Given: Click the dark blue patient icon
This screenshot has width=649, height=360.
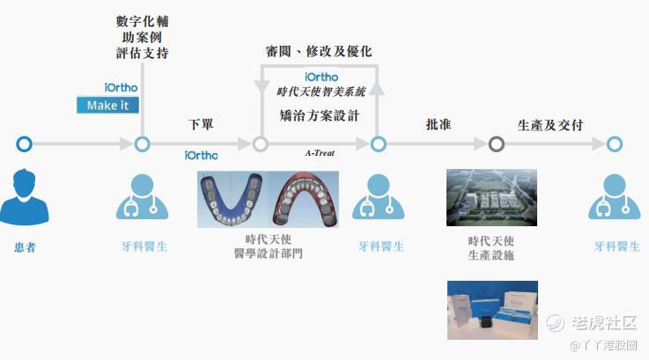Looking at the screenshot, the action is click(24, 197).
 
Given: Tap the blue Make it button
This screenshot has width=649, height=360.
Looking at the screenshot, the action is click(107, 105).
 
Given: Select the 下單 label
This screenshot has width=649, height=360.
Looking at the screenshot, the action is click(201, 124).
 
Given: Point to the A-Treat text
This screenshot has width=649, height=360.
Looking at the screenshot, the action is click(320, 152).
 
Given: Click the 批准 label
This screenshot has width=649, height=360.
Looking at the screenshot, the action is click(439, 124).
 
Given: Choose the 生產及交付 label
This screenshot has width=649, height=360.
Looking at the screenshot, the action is click(550, 125).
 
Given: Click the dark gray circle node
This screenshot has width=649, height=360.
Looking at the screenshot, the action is click(497, 144).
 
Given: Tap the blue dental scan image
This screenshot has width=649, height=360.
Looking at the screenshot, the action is click(232, 199).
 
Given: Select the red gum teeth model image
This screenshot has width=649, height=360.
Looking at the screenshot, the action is click(304, 199).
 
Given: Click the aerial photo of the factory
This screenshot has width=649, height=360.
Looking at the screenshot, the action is click(491, 197).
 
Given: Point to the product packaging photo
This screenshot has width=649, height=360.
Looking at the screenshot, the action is click(492, 311).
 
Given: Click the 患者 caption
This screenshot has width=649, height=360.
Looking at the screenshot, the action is click(25, 247).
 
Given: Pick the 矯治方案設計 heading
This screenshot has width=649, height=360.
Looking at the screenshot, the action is click(320, 115).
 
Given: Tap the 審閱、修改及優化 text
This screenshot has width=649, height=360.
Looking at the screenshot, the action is click(319, 51).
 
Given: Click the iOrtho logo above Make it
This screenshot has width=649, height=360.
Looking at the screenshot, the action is click(121, 88).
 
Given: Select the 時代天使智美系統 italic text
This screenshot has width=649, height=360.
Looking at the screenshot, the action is click(321, 92).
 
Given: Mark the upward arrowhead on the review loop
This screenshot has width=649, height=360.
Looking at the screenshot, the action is click(377, 88).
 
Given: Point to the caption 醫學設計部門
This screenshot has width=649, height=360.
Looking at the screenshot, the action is click(269, 253).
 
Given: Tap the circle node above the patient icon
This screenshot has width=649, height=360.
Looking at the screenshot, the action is click(24, 144).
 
